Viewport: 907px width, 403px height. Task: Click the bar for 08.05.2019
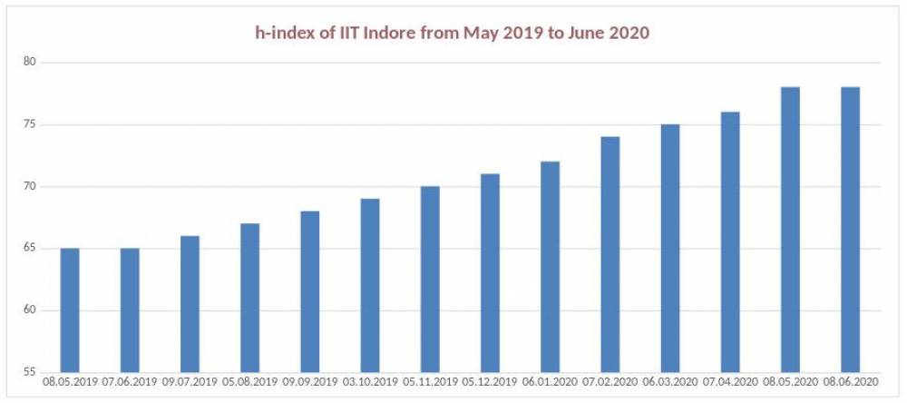coord(70,310)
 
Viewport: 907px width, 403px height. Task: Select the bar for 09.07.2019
coord(190,304)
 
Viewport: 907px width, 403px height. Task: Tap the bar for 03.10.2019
coord(369,286)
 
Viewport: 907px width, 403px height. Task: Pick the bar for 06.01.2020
coord(550,267)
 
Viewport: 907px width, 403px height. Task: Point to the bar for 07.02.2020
coord(610,255)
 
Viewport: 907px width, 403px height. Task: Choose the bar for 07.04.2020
coord(729,242)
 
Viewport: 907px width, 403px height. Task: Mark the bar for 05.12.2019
coord(489,273)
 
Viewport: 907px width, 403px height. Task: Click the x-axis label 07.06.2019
coord(130,383)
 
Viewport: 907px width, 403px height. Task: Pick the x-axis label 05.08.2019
coord(249,383)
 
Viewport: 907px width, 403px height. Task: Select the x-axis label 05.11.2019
coord(429,383)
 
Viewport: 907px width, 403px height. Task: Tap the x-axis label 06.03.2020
coord(669,383)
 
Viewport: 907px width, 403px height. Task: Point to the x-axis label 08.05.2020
coord(789,383)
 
